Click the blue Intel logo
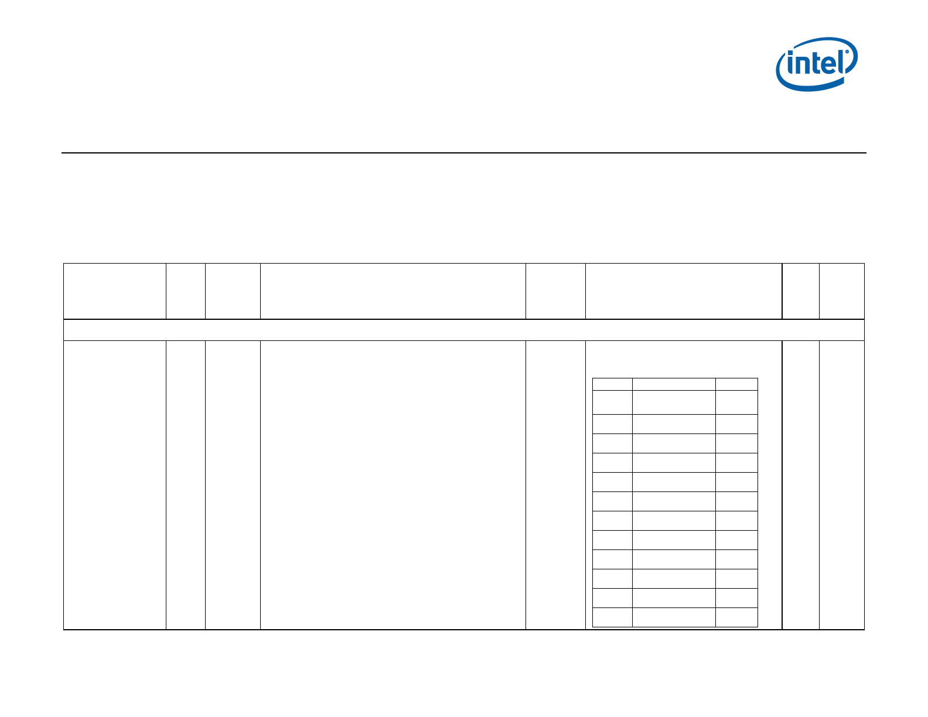pos(817,64)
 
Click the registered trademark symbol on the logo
pos(847,52)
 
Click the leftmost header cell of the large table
pos(115,291)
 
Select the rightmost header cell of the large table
pos(841,291)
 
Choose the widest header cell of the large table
pos(393,291)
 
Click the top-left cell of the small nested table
pos(612,384)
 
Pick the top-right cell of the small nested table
pos(736,384)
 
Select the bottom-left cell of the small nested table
pos(612,617)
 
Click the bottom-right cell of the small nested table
pos(736,617)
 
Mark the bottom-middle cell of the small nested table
pos(674,617)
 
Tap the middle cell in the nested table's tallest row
pos(674,402)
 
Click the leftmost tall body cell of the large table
pos(115,485)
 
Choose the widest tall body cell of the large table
pos(393,485)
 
